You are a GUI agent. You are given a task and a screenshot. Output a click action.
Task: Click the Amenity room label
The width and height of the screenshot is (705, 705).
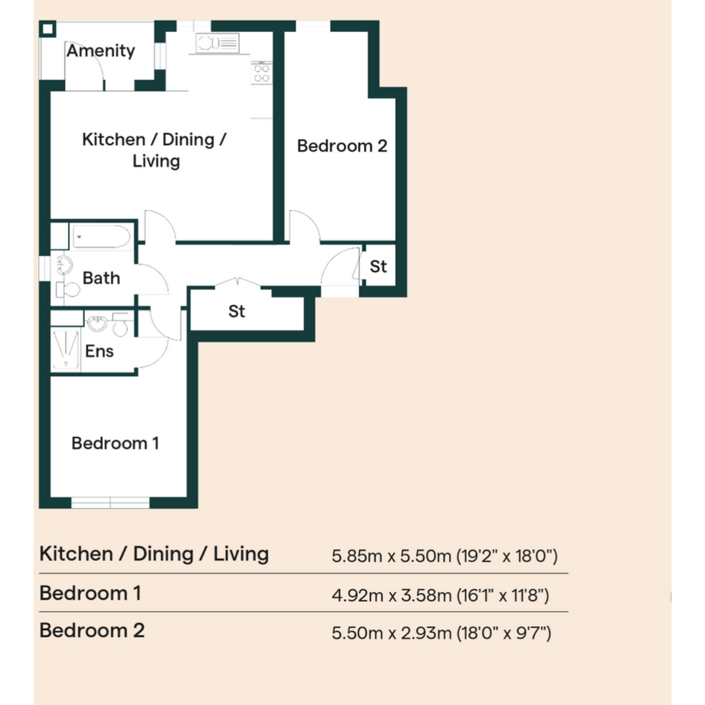[101, 51]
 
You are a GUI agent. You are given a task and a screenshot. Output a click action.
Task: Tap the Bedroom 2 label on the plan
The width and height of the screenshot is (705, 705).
[342, 145]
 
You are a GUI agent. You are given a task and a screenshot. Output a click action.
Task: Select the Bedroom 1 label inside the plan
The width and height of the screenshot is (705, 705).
[115, 443]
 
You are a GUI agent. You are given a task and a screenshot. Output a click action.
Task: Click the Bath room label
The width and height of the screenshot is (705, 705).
[101, 278]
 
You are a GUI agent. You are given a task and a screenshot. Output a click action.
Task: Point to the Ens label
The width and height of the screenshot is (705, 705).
[99, 351]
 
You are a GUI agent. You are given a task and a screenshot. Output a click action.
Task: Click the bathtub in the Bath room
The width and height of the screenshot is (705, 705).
[101, 236]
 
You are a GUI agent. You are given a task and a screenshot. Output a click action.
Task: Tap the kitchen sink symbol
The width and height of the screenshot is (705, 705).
[218, 43]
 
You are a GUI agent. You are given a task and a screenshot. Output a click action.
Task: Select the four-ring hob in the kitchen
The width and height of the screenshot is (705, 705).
[261, 73]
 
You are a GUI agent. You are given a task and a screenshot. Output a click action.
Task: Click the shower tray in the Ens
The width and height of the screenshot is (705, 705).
[66, 350]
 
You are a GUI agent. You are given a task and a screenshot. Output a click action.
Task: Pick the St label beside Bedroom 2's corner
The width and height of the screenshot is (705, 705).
[378, 266]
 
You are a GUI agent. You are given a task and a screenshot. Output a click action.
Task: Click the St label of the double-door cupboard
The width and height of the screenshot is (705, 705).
[237, 311]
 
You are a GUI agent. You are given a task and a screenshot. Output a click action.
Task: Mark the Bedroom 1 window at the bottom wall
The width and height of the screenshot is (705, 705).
[110, 503]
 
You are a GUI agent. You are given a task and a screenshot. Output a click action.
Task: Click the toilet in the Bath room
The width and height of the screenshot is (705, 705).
[68, 289]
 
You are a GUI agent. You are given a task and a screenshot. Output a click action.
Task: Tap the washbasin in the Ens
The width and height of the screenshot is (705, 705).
[97, 322]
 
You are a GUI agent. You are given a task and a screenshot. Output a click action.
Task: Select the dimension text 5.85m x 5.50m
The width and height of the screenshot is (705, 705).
[391, 557]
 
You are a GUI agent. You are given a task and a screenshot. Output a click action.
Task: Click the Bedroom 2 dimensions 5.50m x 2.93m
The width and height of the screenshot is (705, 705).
[392, 633]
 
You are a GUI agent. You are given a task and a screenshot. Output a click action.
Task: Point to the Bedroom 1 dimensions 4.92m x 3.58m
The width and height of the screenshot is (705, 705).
[392, 595]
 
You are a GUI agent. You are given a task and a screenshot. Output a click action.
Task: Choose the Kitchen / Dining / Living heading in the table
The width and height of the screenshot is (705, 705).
[154, 554]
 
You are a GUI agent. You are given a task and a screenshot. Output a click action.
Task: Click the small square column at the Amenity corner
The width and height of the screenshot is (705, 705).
[47, 30]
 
